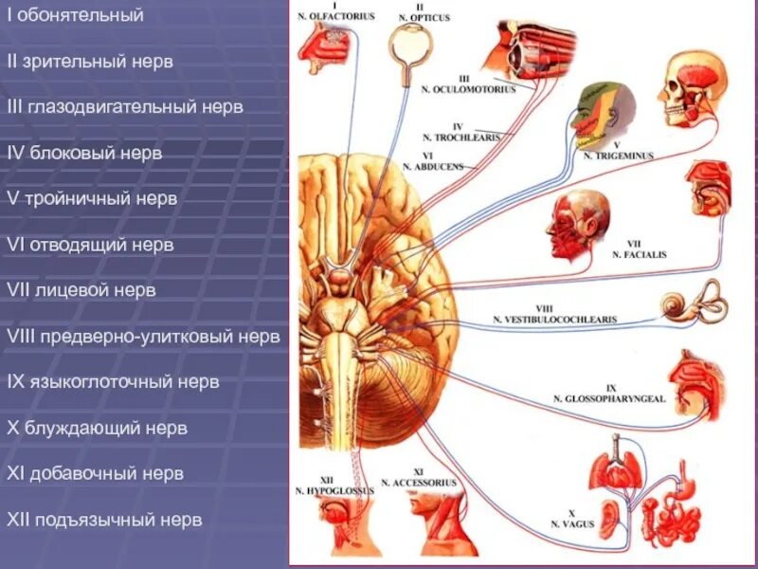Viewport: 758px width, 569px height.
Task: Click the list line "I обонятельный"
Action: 75,16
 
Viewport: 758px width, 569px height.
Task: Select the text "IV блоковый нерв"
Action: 84,153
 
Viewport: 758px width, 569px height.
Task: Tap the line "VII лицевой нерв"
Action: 81,290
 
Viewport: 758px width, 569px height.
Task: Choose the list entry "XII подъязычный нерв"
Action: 104,520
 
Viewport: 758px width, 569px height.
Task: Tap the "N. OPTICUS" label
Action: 422,18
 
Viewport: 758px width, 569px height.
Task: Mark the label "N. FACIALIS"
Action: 640,254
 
